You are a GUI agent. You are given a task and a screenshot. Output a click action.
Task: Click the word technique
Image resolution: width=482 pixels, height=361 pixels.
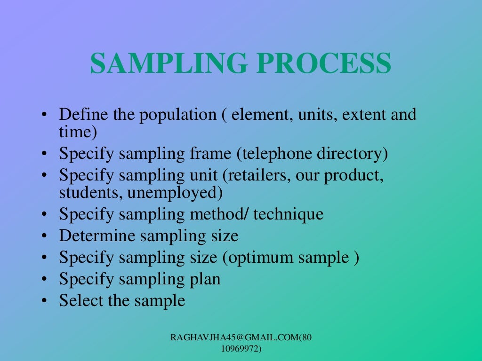point(289,215)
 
